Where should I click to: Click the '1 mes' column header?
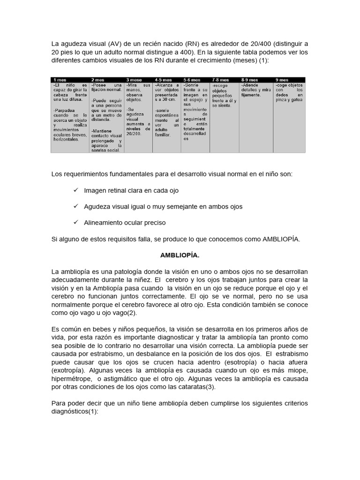pyautogui.click(x=60, y=80)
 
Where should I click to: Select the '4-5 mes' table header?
pyautogui.click(x=164, y=80)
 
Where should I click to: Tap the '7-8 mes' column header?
pyautogui.click(x=220, y=80)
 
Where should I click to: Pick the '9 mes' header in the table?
pyautogui.click(x=282, y=80)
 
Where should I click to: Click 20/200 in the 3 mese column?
pyautogui.click(x=133, y=133)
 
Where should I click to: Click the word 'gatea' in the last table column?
pyautogui.click(x=296, y=100)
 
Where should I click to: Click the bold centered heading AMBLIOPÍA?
pyautogui.click(x=180, y=255)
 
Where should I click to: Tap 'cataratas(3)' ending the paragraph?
pyautogui.click(x=196, y=387)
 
